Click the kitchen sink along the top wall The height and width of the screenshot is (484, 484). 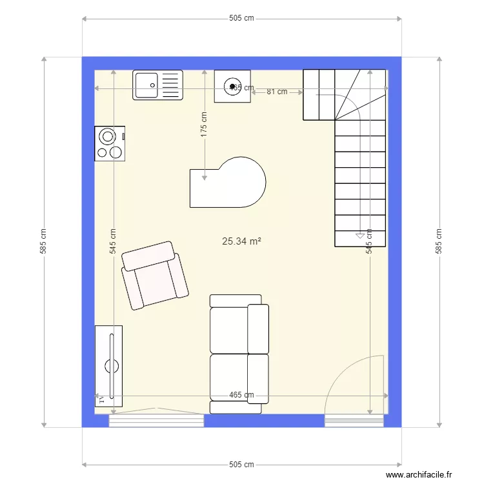coord(158,85)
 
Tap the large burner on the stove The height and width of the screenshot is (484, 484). coord(106,137)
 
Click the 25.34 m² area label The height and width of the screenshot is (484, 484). coord(241,241)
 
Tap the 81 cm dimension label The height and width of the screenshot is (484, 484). coord(277,92)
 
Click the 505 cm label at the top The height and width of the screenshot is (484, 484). coord(241,18)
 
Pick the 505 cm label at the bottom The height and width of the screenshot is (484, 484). coord(241,464)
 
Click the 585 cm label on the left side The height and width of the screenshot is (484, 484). coord(43,241)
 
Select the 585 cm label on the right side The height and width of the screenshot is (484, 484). coord(439,241)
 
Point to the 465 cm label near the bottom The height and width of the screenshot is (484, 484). coord(241,396)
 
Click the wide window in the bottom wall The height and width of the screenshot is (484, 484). coord(156,421)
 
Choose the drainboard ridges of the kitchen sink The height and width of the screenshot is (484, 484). coord(170,85)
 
